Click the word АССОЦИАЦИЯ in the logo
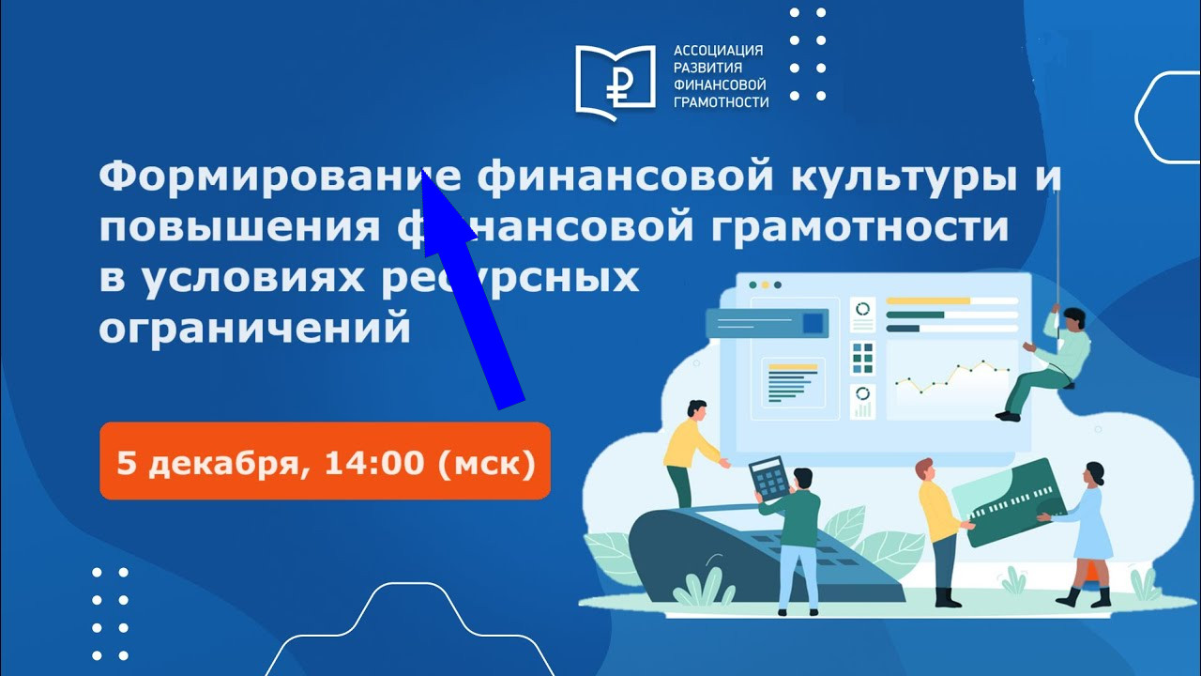(719, 51)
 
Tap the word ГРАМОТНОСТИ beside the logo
(721, 102)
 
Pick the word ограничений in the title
(255, 330)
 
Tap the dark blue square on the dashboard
(813, 324)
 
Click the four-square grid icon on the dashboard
(862, 358)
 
